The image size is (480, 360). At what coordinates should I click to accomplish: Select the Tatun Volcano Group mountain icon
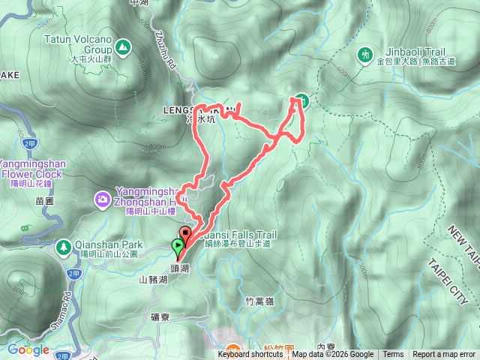tap(122, 48)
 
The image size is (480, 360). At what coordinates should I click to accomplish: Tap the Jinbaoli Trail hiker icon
tap(366, 55)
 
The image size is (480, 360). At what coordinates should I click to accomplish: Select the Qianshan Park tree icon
tap(64, 245)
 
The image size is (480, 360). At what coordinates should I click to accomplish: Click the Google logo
tap(28, 349)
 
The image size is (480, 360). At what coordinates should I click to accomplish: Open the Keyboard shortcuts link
tap(250, 355)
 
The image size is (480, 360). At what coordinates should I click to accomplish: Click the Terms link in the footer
tap(393, 355)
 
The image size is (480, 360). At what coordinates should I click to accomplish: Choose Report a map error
tap(444, 355)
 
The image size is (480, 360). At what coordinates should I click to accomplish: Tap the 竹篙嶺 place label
tap(260, 300)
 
